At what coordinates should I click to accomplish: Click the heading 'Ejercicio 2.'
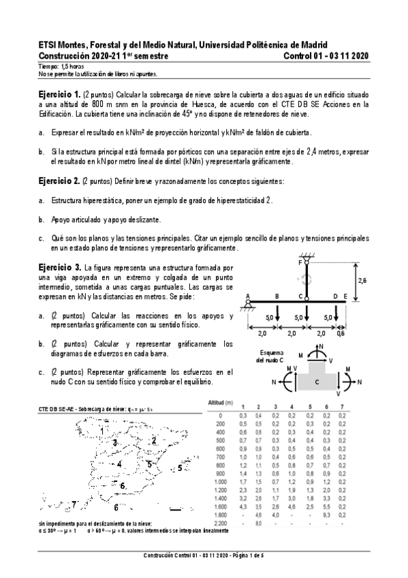click(59, 181)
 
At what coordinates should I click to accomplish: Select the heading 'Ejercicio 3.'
click(59, 268)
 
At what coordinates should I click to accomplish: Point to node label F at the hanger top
click(300, 262)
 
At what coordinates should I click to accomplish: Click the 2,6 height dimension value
click(363, 279)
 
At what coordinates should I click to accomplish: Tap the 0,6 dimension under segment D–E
click(341, 334)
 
